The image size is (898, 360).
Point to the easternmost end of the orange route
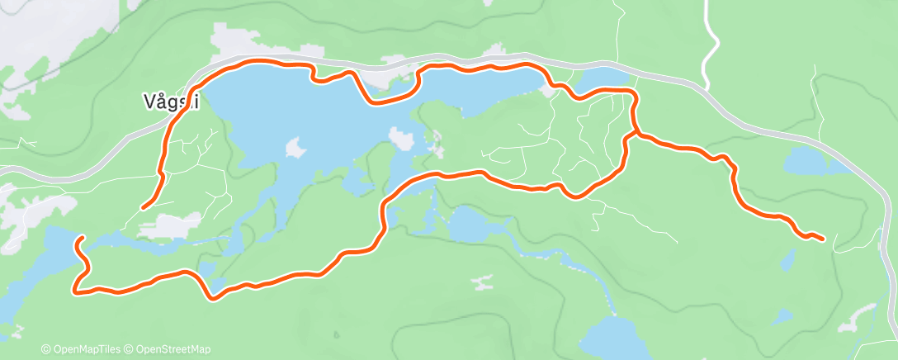[x=823, y=239]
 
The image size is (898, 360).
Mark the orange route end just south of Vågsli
[x=144, y=207]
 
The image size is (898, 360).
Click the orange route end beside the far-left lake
[x=80, y=239]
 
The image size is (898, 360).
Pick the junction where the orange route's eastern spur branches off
[x=636, y=132]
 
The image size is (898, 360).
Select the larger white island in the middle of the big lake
[x=401, y=138]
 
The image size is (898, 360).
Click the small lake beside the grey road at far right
[x=814, y=162]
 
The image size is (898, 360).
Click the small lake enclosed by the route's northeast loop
[x=603, y=79]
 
